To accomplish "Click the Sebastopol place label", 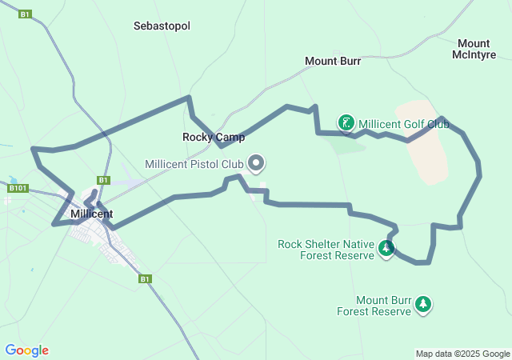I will (162, 26).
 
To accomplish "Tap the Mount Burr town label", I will (333, 61).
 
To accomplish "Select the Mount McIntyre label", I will (474, 49).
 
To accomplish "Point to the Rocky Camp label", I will (207, 137).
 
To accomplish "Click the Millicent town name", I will (91, 214).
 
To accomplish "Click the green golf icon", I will (346, 123).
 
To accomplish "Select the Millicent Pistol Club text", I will (194, 164).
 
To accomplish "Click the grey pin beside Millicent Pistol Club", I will (256, 163).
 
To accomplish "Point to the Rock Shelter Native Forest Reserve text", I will (326, 250).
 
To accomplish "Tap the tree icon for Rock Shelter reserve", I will (386, 248).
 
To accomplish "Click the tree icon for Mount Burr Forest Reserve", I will (423, 304).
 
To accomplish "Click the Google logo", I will (26, 350).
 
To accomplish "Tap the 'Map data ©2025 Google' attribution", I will (462, 354).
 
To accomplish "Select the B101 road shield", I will (18, 188).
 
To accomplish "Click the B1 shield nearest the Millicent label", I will (103, 180).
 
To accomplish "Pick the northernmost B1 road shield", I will (26, 14).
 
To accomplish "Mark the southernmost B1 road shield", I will (145, 278).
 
